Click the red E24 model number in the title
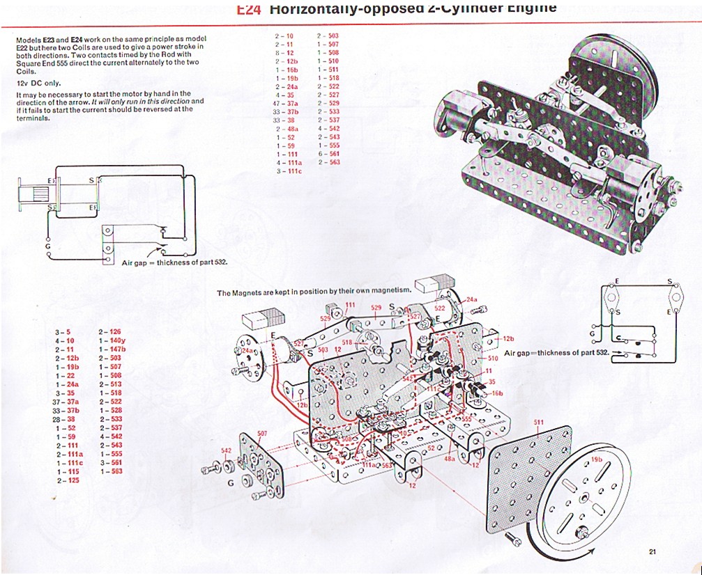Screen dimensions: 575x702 coord(248,8)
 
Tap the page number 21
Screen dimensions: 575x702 coord(653,553)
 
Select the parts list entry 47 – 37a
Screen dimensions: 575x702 coord(287,102)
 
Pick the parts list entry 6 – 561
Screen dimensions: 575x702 coord(328,153)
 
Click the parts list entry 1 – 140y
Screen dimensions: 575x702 coord(112,340)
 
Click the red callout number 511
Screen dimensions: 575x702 coord(537,423)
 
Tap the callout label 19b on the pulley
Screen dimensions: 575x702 coord(596,460)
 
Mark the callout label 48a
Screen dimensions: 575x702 coord(450,459)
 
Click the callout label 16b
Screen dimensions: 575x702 coord(496,393)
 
